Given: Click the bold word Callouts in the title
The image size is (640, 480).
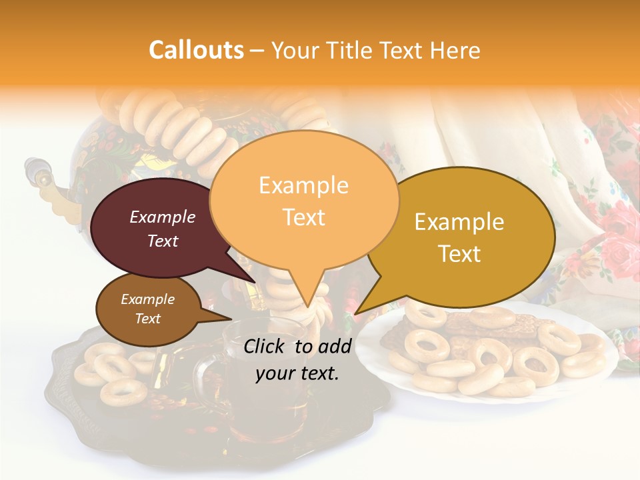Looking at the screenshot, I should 196,50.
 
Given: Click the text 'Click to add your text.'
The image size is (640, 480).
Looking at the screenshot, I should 297,359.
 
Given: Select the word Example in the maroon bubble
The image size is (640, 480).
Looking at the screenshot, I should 162,217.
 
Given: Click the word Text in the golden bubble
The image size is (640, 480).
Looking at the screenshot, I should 460,254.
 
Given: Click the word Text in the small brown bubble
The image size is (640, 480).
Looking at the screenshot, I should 148,319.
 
